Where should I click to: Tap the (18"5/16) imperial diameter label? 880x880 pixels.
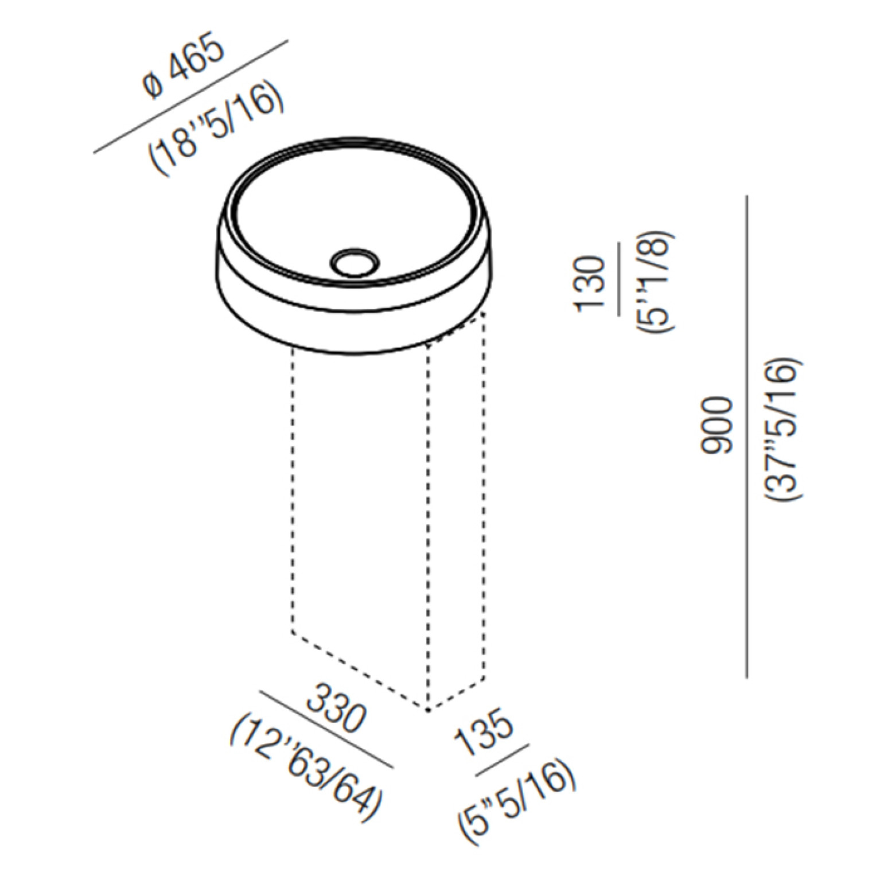point(217,131)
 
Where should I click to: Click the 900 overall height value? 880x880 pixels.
point(717,425)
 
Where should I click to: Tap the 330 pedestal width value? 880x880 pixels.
point(336,709)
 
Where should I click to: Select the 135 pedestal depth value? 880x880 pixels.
point(483,735)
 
